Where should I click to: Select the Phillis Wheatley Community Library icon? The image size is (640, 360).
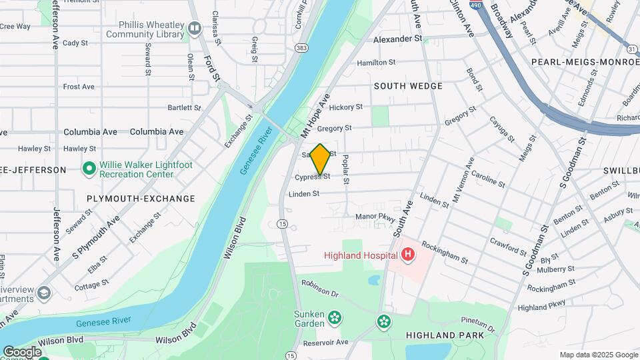(195, 28)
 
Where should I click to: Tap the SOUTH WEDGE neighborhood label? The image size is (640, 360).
(408, 86)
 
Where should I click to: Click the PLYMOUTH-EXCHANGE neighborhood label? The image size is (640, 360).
(141, 199)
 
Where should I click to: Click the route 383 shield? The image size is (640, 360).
(302, 48)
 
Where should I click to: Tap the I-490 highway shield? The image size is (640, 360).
(475, 5)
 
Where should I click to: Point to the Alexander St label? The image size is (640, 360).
(398, 39)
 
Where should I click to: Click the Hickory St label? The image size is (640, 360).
(346, 107)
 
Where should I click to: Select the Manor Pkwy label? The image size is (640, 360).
(375, 217)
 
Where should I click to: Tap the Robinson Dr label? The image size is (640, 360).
(320, 288)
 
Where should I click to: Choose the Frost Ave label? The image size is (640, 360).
(79, 87)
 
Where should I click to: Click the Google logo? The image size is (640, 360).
(22, 351)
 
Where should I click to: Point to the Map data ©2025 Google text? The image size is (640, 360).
(598, 355)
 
